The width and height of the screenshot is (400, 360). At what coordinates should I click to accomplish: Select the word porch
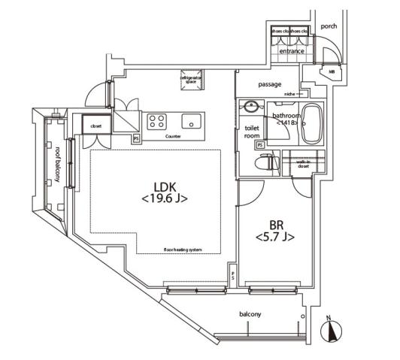pyautogui.click(x=329, y=26)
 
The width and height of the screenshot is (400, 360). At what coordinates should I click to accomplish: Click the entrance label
pyautogui.click(x=292, y=51)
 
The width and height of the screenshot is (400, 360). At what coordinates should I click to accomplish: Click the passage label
pyautogui.click(x=270, y=84)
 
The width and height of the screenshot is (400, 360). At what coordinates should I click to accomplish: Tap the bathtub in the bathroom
pyautogui.click(x=311, y=126)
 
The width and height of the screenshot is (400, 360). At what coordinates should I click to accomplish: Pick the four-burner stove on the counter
pyautogui.click(x=157, y=121)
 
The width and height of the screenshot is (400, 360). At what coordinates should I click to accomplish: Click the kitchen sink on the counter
pyautogui.click(x=192, y=120)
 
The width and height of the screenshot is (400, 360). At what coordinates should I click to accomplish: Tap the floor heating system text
pyautogui.click(x=183, y=250)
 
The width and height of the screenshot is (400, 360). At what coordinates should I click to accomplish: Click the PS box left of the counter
pyautogui.click(x=136, y=138)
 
